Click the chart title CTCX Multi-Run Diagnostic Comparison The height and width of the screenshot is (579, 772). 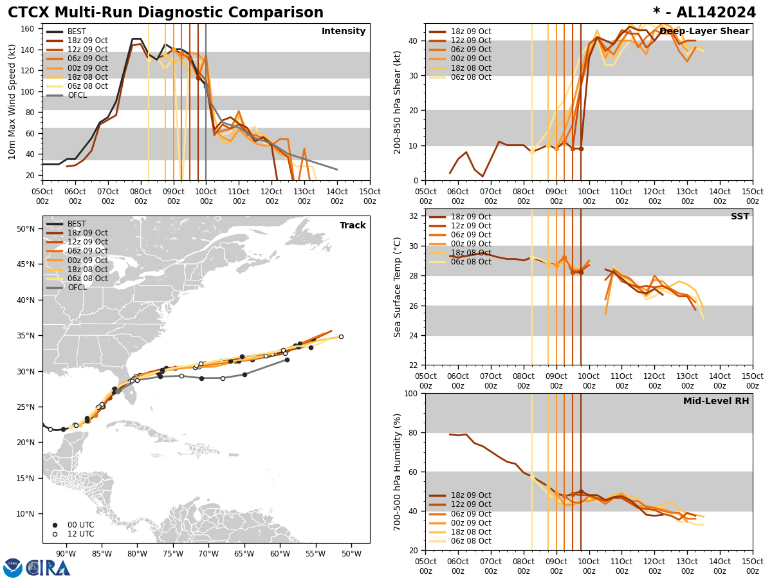click(165, 13)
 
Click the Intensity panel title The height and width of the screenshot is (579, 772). click(344, 32)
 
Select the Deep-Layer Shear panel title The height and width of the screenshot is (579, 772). click(704, 32)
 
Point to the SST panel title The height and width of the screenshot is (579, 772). click(739, 217)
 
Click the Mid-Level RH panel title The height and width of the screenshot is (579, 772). click(716, 401)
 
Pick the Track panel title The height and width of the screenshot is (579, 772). click(353, 226)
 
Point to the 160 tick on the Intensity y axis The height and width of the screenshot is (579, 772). click(28, 29)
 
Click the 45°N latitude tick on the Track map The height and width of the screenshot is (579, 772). click(26, 264)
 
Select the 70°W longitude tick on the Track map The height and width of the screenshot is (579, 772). click(208, 554)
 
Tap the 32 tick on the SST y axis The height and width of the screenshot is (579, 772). click(414, 216)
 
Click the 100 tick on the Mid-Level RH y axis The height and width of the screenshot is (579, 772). click(411, 393)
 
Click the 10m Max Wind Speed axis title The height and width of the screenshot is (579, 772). click(12, 102)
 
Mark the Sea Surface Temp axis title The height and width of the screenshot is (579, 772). click(398, 287)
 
